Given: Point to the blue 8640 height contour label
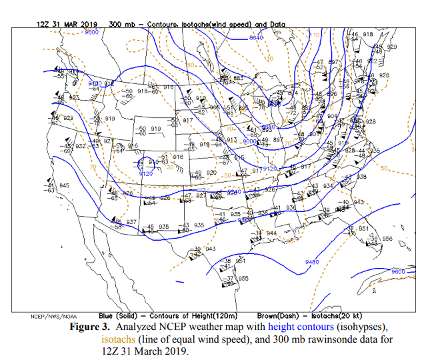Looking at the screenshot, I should (x=257, y=38).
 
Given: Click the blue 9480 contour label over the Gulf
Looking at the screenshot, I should (x=313, y=262).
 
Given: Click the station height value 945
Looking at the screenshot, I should (x=65, y=185).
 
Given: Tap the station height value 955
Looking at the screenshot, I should (x=243, y=278).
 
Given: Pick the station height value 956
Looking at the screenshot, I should (x=387, y=238).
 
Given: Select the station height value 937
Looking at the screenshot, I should (x=131, y=221).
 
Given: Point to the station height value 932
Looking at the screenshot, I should (x=81, y=145).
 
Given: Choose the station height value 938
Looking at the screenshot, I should (x=362, y=177).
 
